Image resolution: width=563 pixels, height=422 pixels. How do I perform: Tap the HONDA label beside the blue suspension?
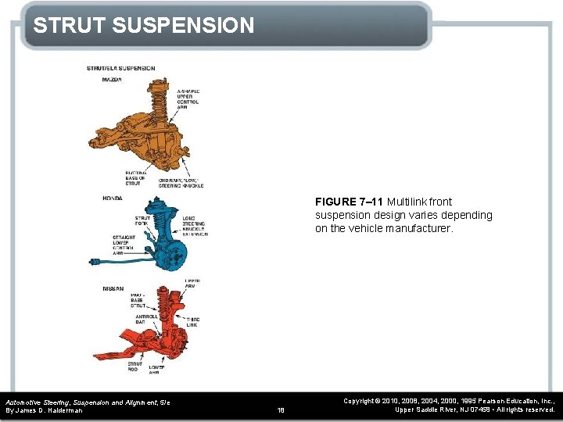click(x=113, y=198)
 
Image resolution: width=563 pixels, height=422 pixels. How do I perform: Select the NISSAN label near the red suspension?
click(x=113, y=288)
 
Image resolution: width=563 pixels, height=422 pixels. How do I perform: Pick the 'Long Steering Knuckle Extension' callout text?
click(x=194, y=226)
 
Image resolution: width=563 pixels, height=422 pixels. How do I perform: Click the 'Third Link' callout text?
click(x=193, y=323)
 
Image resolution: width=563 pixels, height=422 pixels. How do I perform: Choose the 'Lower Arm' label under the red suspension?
click(x=156, y=370)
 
